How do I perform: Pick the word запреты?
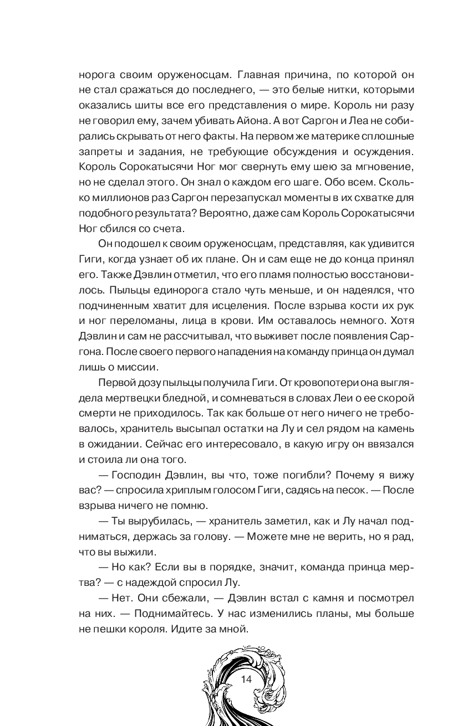(x=98, y=150)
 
